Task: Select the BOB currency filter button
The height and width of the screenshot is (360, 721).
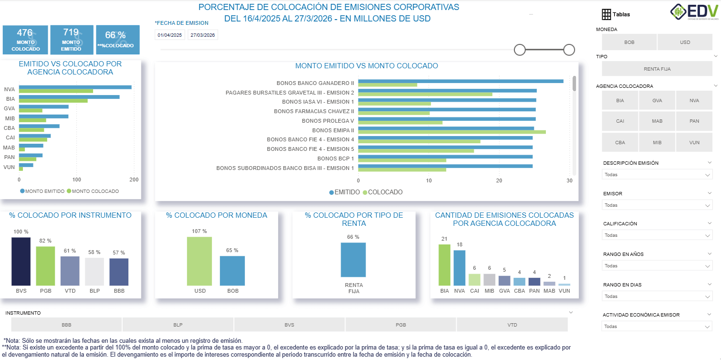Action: (x=629, y=42)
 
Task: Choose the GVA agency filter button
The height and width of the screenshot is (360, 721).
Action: (x=657, y=100)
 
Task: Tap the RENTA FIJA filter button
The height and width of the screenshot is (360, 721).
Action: (x=657, y=69)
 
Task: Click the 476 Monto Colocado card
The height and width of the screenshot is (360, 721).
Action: (x=25, y=40)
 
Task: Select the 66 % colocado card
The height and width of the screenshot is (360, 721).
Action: (x=118, y=40)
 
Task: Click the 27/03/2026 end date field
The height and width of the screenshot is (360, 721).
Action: (x=203, y=35)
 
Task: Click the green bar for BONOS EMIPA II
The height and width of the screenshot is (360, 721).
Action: (x=451, y=132)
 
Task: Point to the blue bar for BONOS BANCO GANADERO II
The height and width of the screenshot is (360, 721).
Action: (x=460, y=81)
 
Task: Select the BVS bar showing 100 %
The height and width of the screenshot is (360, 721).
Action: (x=21, y=262)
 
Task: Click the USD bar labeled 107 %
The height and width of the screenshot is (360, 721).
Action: (x=199, y=261)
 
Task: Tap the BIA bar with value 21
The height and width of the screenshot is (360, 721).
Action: (x=444, y=265)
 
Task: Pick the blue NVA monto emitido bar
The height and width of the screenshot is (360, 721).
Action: (x=75, y=87)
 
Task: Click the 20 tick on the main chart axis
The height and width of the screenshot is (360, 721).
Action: (x=499, y=181)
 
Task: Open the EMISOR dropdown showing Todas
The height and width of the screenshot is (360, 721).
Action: (x=657, y=205)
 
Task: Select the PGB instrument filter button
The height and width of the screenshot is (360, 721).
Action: (x=400, y=325)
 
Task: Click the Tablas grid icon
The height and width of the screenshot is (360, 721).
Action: (x=606, y=14)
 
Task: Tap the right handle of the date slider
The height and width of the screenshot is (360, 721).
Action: (x=569, y=50)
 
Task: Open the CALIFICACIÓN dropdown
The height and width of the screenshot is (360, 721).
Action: (x=657, y=235)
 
